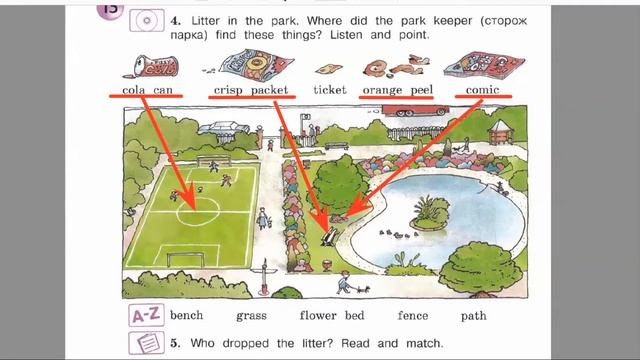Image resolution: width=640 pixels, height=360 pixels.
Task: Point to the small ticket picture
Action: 329,69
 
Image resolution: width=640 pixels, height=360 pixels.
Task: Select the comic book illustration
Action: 484,65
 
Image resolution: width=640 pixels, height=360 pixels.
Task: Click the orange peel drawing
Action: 396,66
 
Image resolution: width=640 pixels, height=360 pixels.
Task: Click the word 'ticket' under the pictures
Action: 330,89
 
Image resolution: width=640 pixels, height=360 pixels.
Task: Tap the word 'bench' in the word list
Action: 187,316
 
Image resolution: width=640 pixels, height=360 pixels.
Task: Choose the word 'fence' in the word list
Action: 413,316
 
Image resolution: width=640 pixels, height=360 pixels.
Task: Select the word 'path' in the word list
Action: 473,316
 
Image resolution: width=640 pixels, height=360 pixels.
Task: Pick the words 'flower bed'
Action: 332,316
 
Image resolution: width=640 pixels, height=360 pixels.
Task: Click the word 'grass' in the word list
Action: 251,316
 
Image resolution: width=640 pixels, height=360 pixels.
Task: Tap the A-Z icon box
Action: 147,315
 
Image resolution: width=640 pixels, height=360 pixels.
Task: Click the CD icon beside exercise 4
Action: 147,20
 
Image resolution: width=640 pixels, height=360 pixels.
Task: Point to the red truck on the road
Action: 415,110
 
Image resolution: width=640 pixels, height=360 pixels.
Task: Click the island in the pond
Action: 430,214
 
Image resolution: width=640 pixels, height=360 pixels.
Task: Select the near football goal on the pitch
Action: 186,260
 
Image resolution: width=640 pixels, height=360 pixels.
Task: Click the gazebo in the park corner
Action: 501,132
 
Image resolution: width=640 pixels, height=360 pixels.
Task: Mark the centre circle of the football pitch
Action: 198,211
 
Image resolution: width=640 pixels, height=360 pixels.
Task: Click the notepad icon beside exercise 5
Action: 147,343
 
